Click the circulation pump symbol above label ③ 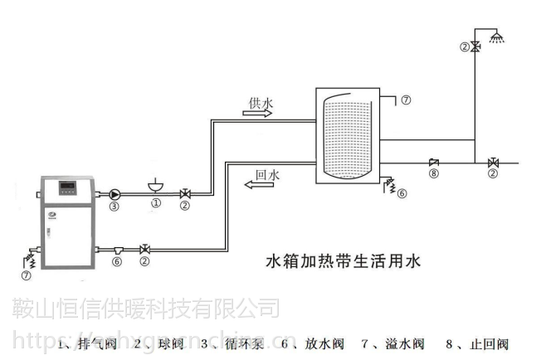point(115,194)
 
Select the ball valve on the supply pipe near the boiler point(185,194)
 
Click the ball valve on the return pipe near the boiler point(145,248)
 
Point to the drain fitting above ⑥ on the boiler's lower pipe point(117,248)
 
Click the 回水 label point(267,175)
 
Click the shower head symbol point(498,37)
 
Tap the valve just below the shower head point(474,47)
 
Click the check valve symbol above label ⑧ point(433,161)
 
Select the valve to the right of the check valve point(493,161)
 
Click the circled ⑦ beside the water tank point(405,100)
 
